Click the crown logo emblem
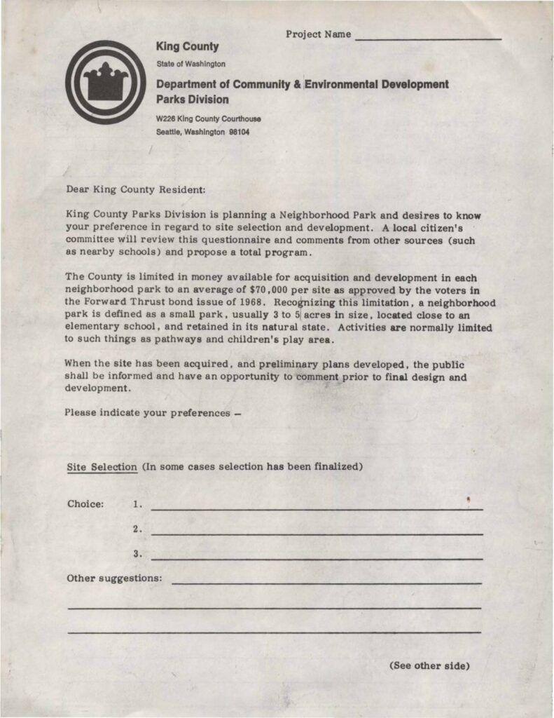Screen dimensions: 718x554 point(106,82)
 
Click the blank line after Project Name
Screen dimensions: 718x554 point(428,37)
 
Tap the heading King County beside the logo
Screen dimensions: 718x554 point(187,47)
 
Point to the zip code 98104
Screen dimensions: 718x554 point(240,132)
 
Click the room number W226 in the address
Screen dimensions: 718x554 point(165,118)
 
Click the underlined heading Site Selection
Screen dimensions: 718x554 point(102,467)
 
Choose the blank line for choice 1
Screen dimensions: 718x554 point(317,508)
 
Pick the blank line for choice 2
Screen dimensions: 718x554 point(317,534)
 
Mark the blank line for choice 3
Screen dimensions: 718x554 point(317,559)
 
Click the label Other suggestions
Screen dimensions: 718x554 point(114,579)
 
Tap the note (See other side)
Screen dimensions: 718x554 point(429,665)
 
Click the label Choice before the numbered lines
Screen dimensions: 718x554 point(85,503)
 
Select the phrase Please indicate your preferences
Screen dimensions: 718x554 point(148,412)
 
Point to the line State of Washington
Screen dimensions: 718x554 point(191,64)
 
